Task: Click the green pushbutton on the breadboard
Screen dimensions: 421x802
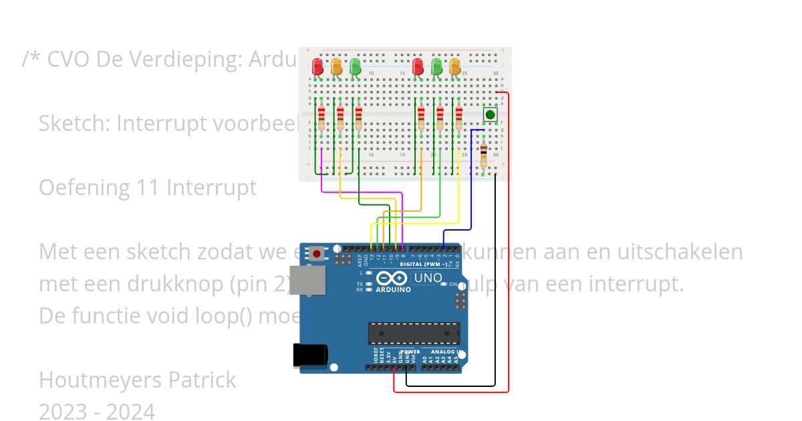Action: click(491, 115)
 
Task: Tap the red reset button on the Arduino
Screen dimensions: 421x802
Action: click(316, 253)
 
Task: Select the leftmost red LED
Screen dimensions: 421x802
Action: click(317, 66)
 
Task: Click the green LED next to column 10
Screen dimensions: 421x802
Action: click(356, 66)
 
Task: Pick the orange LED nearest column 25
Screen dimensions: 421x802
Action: click(455, 66)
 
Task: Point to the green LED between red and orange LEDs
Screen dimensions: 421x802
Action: click(436, 66)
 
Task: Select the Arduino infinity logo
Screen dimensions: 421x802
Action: click(391, 279)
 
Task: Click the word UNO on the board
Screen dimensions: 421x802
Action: click(428, 278)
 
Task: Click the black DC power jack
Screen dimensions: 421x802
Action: click(309, 356)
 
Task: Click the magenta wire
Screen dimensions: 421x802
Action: click(361, 193)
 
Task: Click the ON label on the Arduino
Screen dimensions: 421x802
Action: click(452, 284)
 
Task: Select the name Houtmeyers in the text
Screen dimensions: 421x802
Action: click(100, 380)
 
